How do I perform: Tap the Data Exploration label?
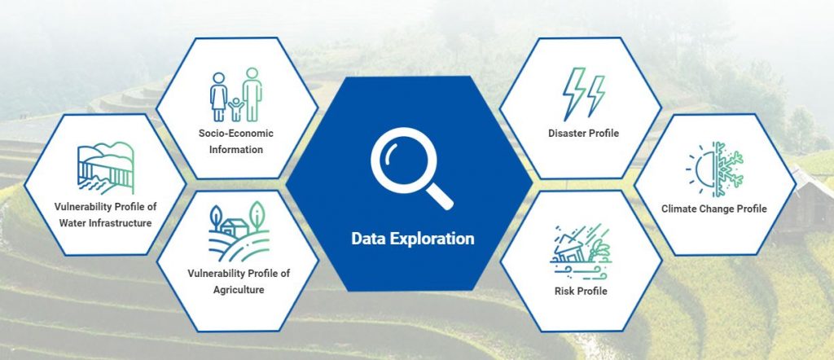(x=413, y=238)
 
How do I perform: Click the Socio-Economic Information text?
(x=236, y=141)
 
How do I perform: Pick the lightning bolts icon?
(x=583, y=94)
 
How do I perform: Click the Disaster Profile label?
(x=583, y=133)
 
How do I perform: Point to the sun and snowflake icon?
(x=714, y=169)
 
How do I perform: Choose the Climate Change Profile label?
(x=714, y=209)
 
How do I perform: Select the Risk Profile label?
(x=581, y=291)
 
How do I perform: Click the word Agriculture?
(x=239, y=290)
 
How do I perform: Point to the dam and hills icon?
(x=105, y=168)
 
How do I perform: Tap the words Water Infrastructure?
(x=105, y=223)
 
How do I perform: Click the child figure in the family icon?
(x=235, y=109)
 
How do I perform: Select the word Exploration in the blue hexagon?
(x=432, y=239)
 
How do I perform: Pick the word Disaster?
(x=567, y=133)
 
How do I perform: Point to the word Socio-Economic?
(x=236, y=133)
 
